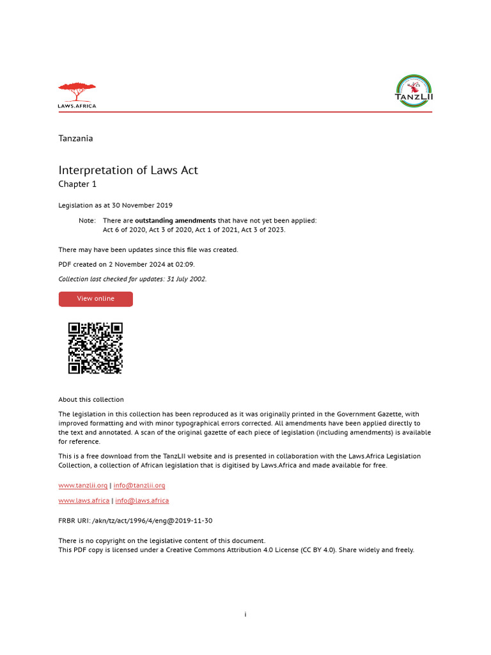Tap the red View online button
point(96,299)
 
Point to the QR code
point(95,348)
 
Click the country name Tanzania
point(75,138)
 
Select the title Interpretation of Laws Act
point(128,170)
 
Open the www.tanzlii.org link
point(83,485)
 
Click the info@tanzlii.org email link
point(139,485)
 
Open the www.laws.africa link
point(83,500)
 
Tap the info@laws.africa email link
point(142,500)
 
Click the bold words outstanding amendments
point(175,221)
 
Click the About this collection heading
point(91,400)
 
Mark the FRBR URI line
point(136,521)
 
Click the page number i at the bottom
point(245,615)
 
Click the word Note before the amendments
point(86,221)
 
